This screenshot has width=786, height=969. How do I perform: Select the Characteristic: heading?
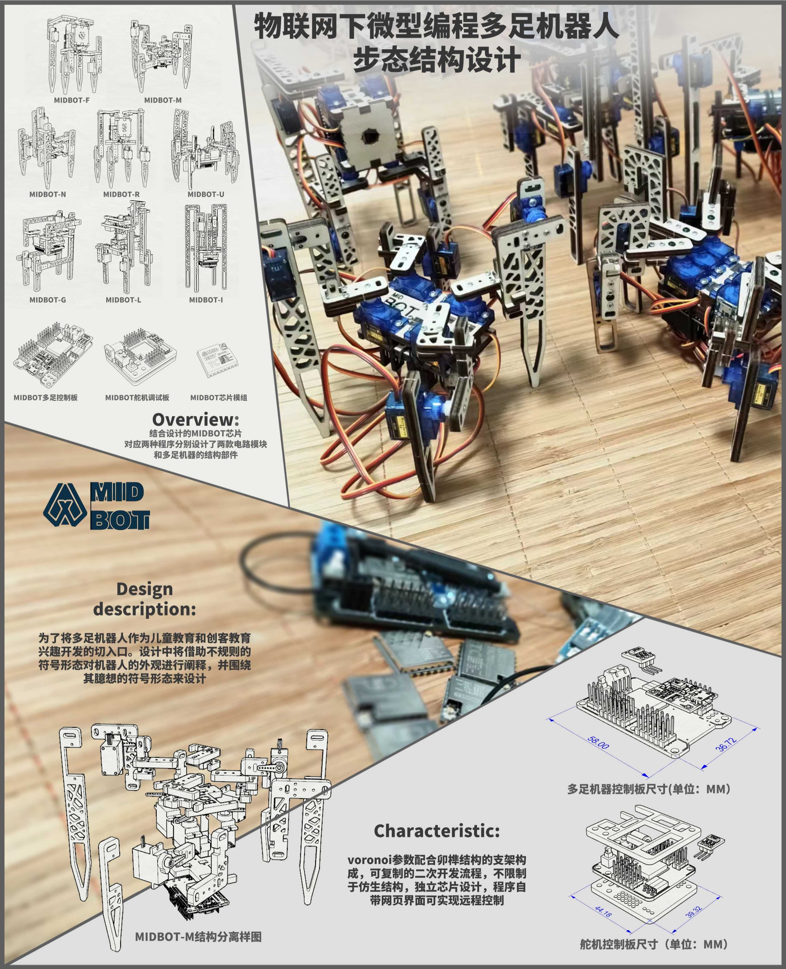tap(436, 831)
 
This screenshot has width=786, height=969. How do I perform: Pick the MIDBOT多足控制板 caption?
tap(45, 398)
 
